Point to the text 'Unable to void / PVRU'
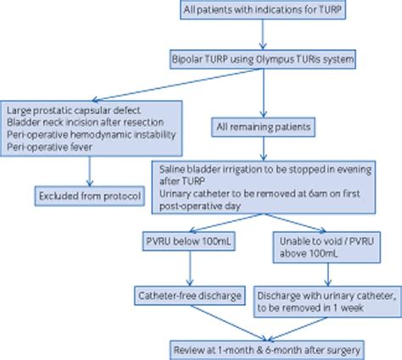pos(311,243)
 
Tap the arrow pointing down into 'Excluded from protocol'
pos(89,169)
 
